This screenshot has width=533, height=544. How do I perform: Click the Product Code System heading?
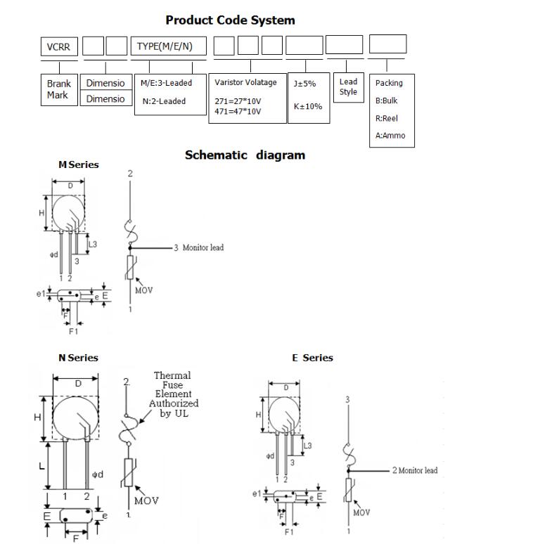click(x=230, y=20)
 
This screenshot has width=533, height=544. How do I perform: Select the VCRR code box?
click(x=58, y=46)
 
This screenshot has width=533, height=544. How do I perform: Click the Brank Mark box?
click(x=58, y=89)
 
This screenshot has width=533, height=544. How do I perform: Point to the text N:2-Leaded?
click(x=164, y=101)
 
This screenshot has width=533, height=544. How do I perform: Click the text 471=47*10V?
click(x=238, y=111)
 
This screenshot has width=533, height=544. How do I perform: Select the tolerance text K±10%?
click(x=308, y=106)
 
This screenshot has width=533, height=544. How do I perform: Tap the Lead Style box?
click(x=348, y=87)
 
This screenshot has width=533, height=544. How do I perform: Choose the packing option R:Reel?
click(x=387, y=118)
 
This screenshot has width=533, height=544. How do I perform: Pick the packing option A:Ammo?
click(x=390, y=136)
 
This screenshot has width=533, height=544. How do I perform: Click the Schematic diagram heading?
click(x=245, y=155)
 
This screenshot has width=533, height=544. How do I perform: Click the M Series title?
click(x=78, y=164)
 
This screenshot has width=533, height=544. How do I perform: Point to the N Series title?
click(x=78, y=358)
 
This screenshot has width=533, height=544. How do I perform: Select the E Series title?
click(x=312, y=358)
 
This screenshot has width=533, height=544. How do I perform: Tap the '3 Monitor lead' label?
click(x=199, y=247)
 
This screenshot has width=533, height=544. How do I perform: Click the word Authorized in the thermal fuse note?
click(x=174, y=403)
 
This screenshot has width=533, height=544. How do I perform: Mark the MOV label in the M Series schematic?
click(x=143, y=290)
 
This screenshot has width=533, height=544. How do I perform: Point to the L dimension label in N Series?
click(x=42, y=466)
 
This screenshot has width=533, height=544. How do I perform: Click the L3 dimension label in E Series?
click(x=307, y=446)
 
